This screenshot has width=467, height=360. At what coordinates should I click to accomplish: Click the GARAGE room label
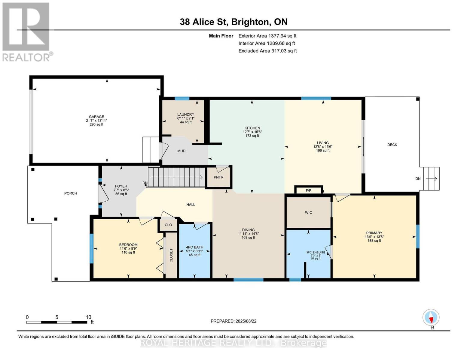(96, 117)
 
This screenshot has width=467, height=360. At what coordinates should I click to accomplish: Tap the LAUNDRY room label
(185, 114)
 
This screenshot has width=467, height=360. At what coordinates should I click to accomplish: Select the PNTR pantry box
(218, 177)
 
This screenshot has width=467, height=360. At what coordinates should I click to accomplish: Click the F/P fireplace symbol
(308, 190)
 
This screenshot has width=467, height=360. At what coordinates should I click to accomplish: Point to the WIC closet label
(308, 212)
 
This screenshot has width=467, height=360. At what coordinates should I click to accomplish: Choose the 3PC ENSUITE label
(316, 252)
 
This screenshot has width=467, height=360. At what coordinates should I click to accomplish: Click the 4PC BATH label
(194, 247)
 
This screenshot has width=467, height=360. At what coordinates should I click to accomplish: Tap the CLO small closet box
(168, 225)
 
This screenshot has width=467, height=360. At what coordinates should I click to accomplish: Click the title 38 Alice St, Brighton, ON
(233, 22)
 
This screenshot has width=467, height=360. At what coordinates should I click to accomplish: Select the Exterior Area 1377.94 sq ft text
(267, 36)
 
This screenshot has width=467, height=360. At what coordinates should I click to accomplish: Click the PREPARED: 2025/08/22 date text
(233, 321)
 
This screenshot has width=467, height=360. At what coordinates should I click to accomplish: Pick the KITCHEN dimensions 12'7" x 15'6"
(252, 132)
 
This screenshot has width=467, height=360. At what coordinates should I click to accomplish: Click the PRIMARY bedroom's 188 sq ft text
(374, 240)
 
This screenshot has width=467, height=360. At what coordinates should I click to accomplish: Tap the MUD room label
(181, 151)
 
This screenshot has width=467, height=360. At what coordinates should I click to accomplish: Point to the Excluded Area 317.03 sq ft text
(267, 51)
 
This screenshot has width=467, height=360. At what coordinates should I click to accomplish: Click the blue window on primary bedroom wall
(417, 236)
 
